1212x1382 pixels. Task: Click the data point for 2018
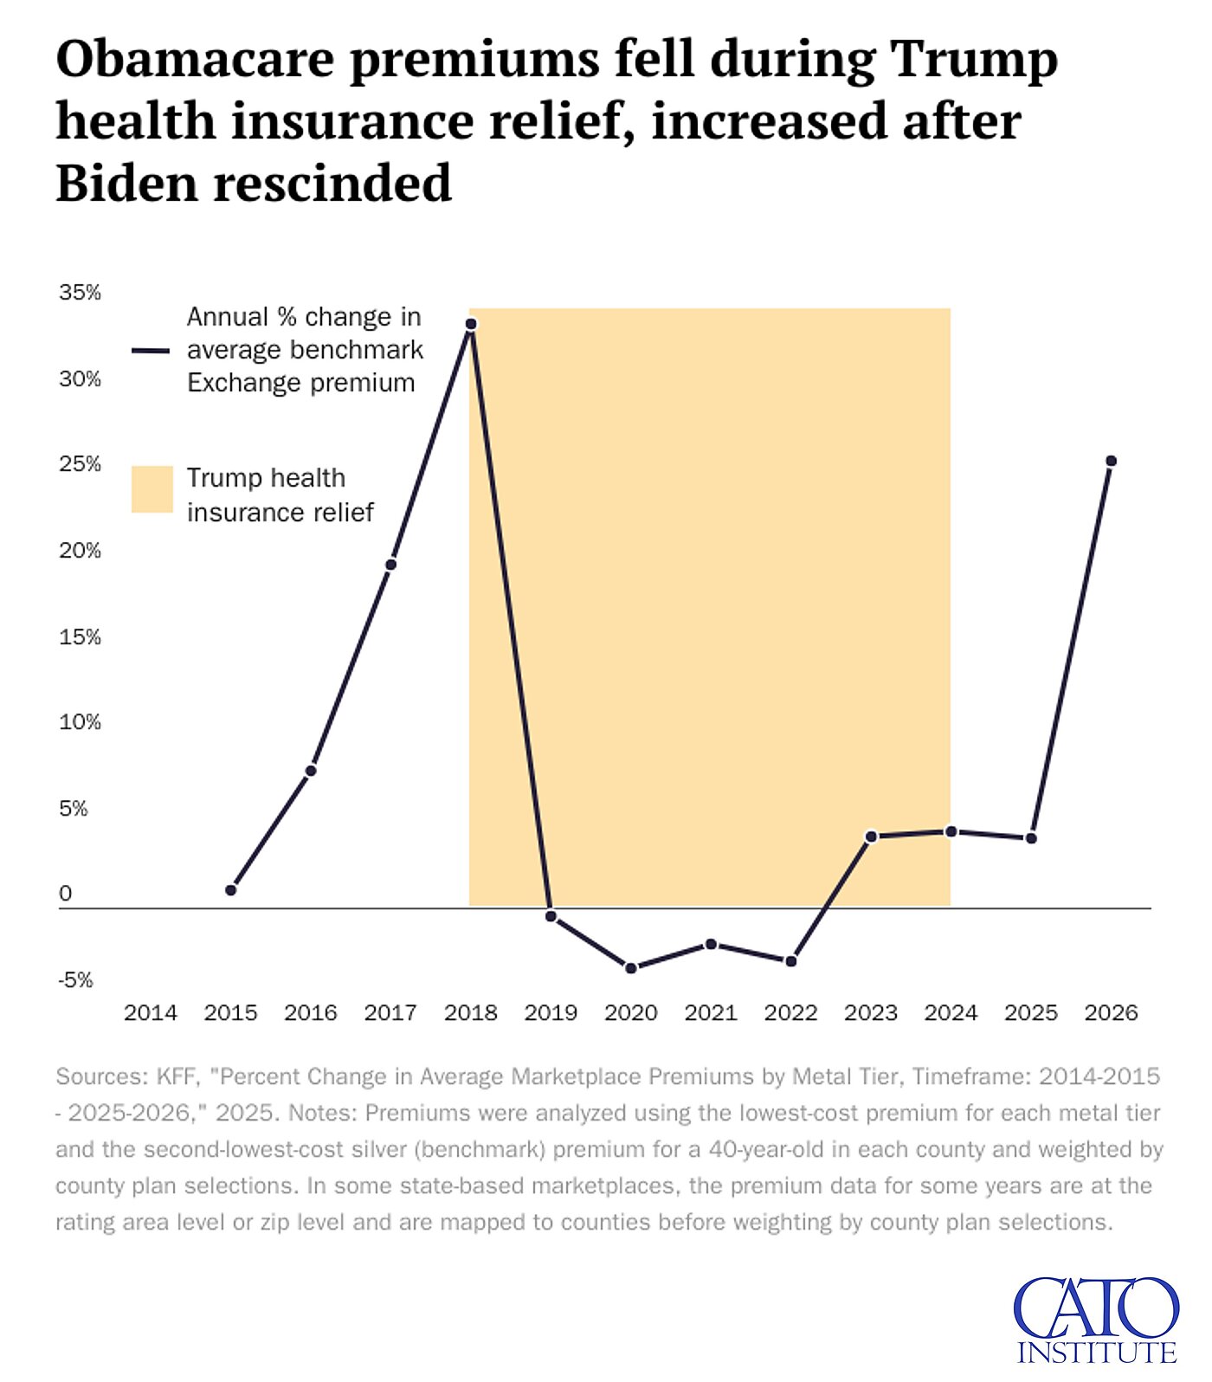point(471,325)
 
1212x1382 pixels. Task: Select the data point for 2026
point(1111,462)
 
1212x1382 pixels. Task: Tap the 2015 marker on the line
point(230,890)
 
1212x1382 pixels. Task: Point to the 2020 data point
point(631,968)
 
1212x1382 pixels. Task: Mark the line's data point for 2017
point(390,565)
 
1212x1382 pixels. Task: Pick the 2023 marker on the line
point(871,836)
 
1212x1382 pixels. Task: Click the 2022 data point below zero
point(790,961)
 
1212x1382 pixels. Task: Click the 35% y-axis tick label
point(80,293)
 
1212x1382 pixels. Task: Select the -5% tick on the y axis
point(75,980)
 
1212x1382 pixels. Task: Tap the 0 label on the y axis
point(66,894)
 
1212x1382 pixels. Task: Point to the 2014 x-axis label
point(151,1012)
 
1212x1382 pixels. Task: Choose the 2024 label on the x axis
point(951,1012)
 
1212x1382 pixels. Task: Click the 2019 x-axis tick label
point(551,1012)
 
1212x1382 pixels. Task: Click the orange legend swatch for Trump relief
point(152,489)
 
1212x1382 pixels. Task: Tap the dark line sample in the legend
point(151,351)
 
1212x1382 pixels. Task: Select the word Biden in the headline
point(126,183)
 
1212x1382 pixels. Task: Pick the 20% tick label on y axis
point(80,551)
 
